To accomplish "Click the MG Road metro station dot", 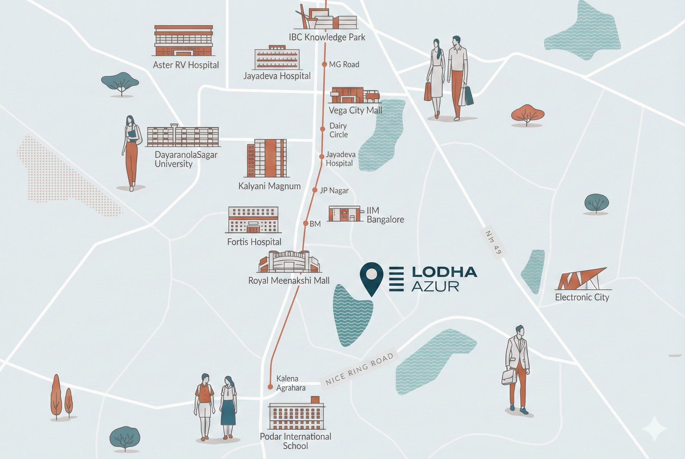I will [x=324, y=64].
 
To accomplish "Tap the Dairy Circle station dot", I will [x=322, y=129].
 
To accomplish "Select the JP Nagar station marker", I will [x=315, y=190].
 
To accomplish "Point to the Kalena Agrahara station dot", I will [x=270, y=387].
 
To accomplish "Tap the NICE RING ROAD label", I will [x=359, y=369].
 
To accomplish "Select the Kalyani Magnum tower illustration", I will [x=267, y=158].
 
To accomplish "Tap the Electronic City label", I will [x=582, y=297].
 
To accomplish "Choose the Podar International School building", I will [x=297, y=413].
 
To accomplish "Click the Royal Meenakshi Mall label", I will [x=289, y=281].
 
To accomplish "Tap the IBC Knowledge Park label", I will [x=327, y=37].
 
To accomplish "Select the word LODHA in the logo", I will [x=444, y=272].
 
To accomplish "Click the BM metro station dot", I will [x=305, y=224].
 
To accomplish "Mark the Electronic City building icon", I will [x=581, y=279].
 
